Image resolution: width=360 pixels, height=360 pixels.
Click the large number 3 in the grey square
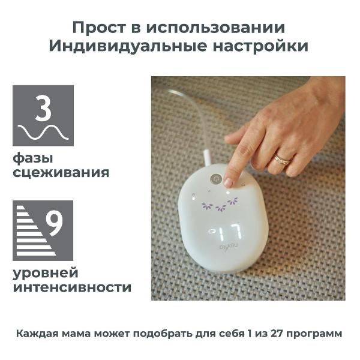(43, 108)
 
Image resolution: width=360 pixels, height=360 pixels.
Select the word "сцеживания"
(61, 173)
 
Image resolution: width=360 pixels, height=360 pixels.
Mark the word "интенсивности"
(71, 287)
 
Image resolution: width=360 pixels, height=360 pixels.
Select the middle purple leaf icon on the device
(221, 208)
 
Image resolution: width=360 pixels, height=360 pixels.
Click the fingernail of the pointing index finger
(229, 182)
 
